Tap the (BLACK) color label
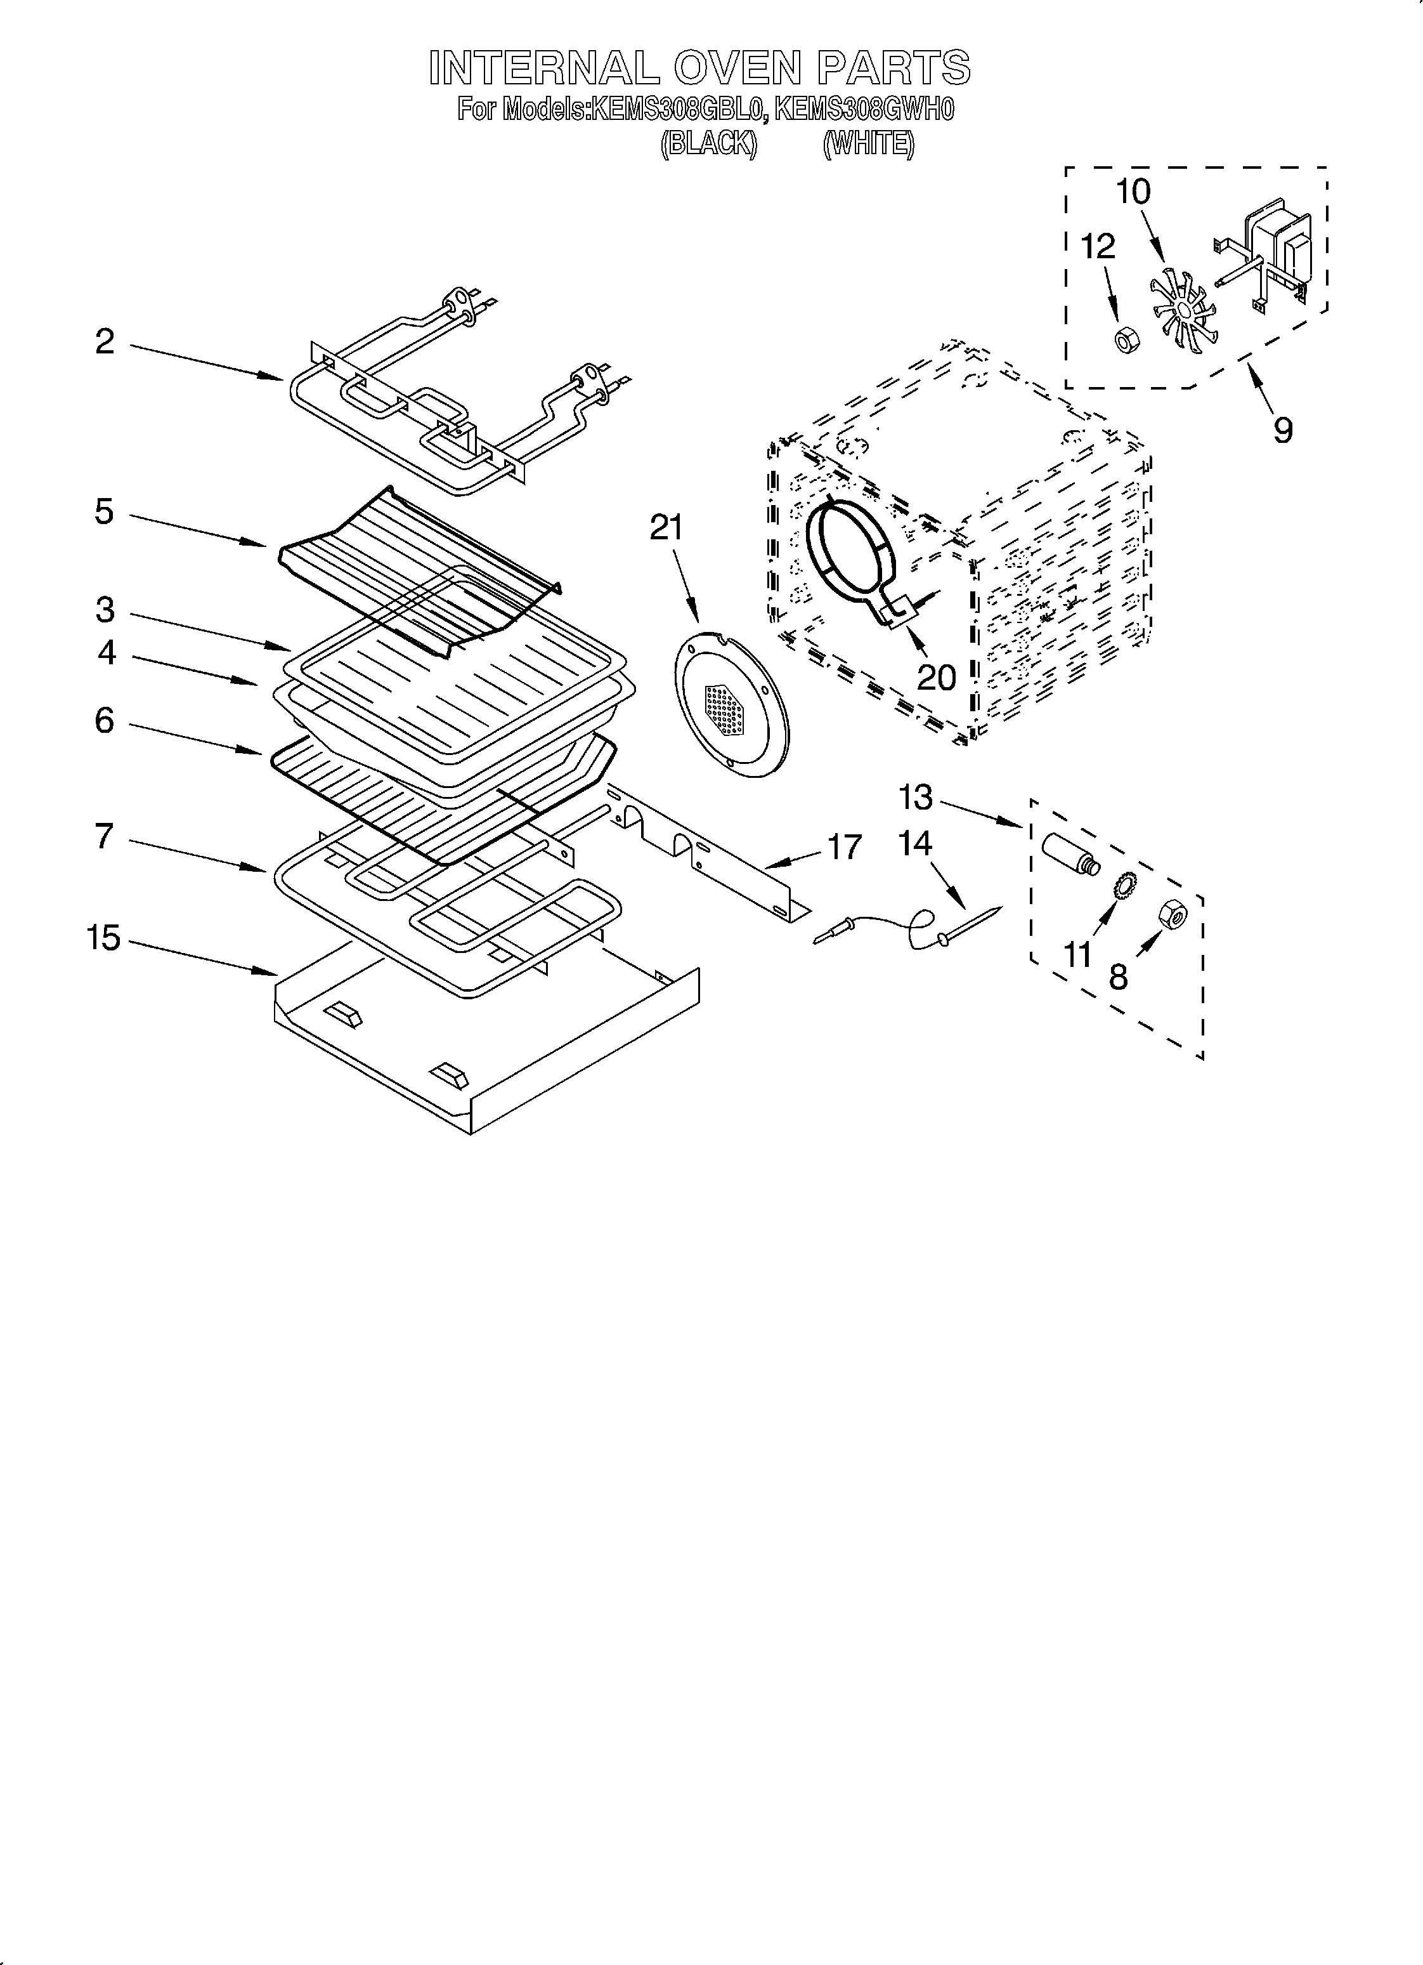[708, 143]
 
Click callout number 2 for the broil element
[104, 341]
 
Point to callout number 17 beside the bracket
[845, 846]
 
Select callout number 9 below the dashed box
[1283, 430]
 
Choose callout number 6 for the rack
[104, 720]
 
